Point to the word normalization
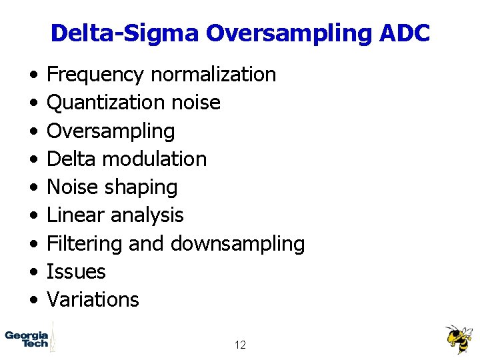213,74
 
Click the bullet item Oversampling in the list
111,131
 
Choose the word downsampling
238,244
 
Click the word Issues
76,271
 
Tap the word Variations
93,299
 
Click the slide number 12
240,345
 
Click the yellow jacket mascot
459,339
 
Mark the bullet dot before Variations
33,300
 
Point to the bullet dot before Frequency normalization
33,75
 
